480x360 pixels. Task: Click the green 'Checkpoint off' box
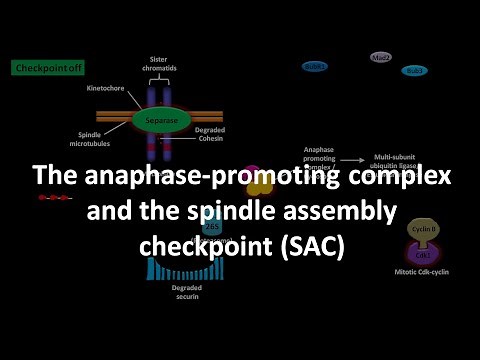coord(41,68)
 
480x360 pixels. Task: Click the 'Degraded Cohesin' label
coord(215,134)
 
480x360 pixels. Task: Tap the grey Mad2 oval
coord(381,57)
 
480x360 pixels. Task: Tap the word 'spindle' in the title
coord(273,212)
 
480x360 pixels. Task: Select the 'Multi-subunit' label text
coord(394,157)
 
